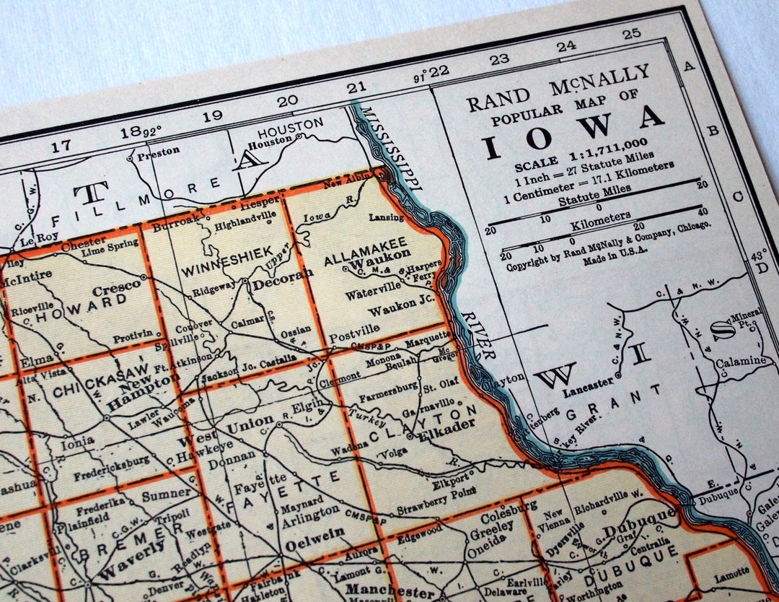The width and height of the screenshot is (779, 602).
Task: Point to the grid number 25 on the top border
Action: pos(631,33)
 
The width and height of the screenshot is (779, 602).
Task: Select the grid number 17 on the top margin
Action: pos(61,145)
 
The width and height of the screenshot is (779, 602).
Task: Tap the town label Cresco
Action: pos(117,288)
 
